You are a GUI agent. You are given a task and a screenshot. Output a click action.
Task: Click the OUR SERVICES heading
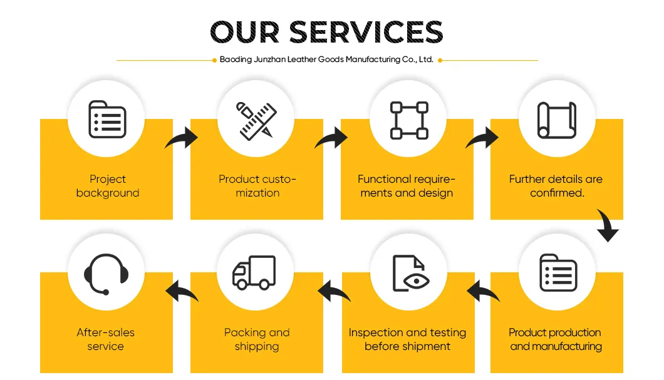coord(326,32)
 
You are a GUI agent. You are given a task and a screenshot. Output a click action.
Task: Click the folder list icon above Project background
coord(107,120)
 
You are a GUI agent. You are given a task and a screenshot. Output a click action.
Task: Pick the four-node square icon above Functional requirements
coord(409,121)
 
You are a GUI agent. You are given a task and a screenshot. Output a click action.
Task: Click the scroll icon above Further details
coord(557,120)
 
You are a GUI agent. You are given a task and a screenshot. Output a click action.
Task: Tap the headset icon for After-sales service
coord(106,274)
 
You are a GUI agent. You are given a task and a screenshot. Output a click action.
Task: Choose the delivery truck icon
coord(254,272)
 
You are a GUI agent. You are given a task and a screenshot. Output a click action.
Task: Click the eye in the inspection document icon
coord(417,281)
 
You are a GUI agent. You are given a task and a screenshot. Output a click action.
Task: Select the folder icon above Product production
coord(558,273)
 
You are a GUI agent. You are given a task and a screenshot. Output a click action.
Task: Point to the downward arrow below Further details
coord(608,225)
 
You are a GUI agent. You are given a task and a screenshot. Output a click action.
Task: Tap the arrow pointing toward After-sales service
coord(182,291)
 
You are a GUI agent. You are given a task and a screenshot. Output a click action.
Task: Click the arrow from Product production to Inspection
coord(483,291)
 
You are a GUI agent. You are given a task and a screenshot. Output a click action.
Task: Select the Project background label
coord(108,186)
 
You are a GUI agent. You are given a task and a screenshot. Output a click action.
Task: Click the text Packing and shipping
coord(257,339)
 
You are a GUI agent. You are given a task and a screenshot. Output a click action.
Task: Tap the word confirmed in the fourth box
coord(557,193)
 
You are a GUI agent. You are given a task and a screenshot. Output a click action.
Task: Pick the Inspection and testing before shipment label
coord(407,339)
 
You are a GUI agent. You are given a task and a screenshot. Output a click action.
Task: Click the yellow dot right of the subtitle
coord(440,61)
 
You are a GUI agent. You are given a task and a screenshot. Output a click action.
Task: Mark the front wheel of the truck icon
coord(242,284)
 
